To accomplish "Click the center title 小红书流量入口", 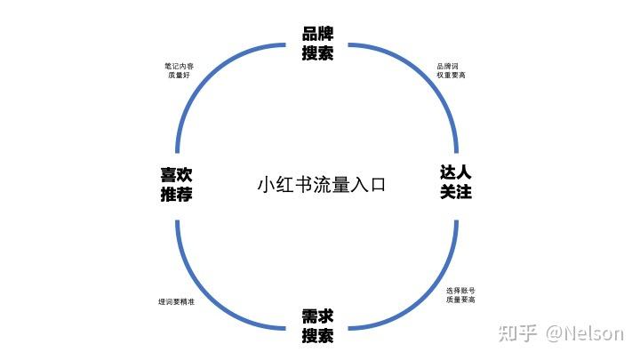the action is pyautogui.click(x=321, y=186).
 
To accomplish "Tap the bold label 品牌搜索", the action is pyautogui.click(x=317, y=44).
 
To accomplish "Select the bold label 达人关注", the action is pyautogui.click(x=455, y=182).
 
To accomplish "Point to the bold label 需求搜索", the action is pyautogui.click(x=317, y=326).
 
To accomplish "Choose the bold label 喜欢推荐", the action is pyautogui.click(x=177, y=185).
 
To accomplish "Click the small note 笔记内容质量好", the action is pyautogui.click(x=179, y=70).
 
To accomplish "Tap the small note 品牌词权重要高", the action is pyautogui.click(x=451, y=70).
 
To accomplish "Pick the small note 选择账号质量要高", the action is pyautogui.click(x=460, y=295).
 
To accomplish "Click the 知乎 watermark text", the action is pyautogui.click(x=518, y=334).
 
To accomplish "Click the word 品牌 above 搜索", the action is pyautogui.click(x=317, y=35).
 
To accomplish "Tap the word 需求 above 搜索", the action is pyautogui.click(x=317, y=316).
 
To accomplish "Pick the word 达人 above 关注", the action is pyautogui.click(x=455, y=172).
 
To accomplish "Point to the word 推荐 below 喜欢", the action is pyautogui.click(x=177, y=195).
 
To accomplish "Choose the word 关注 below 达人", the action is pyautogui.click(x=455, y=192).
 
